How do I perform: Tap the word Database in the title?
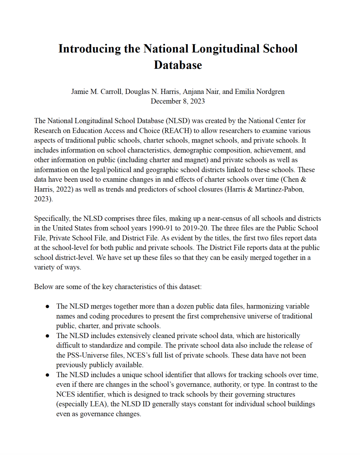(x=178, y=65)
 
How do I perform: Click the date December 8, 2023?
(x=178, y=101)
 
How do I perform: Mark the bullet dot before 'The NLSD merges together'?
(x=47, y=307)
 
